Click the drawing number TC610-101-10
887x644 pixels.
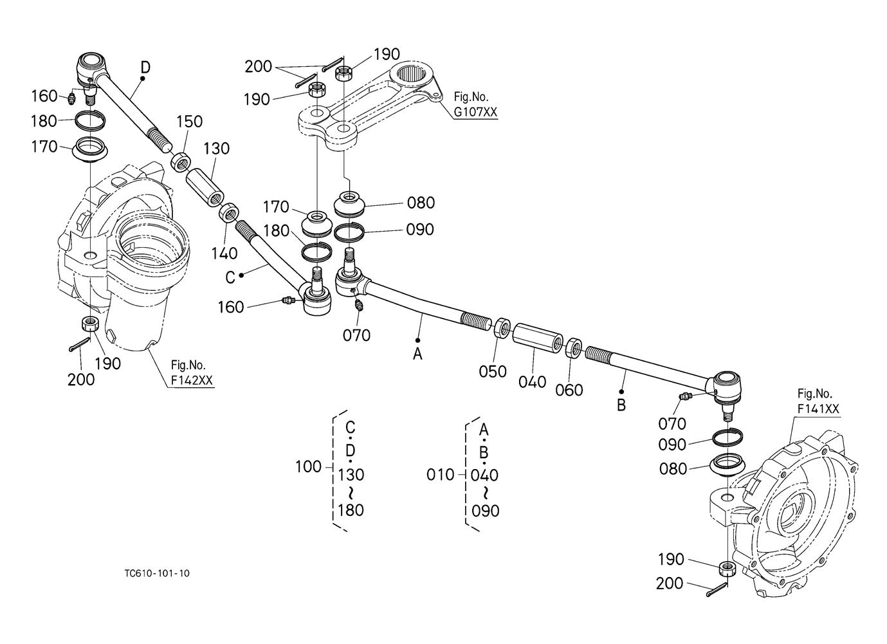[157, 573]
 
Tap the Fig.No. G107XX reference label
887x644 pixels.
[475, 105]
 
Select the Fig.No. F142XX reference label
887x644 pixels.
[192, 373]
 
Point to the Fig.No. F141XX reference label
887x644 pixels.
[818, 401]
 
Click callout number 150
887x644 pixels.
[189, 122]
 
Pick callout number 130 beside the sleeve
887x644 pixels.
[217, 149]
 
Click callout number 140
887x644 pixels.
[224, 253]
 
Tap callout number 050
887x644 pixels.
[493, 371]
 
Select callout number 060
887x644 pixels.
[569, 390]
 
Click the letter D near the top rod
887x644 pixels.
[145, 68]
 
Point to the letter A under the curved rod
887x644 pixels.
[417, 354]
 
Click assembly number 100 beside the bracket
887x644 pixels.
[308, 467]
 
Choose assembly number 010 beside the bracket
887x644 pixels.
[440, 475]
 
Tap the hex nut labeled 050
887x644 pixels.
[503, 327]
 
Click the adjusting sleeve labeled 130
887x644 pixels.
[205, 187]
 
